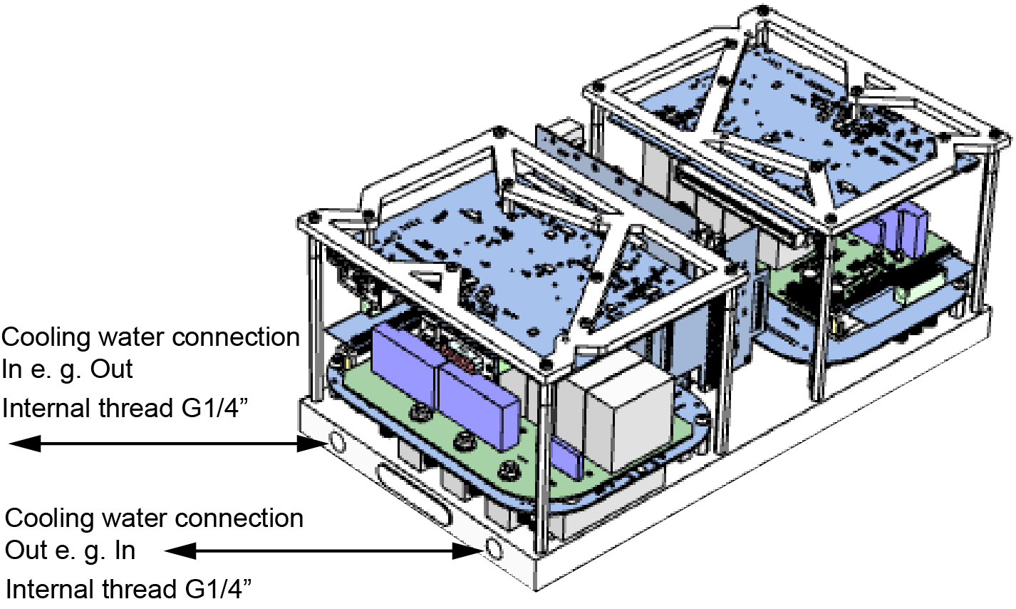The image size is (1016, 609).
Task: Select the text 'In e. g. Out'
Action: point(68,371)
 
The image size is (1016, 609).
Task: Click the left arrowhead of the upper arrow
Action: point(21,444)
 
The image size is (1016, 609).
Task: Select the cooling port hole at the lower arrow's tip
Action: point(492,549)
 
